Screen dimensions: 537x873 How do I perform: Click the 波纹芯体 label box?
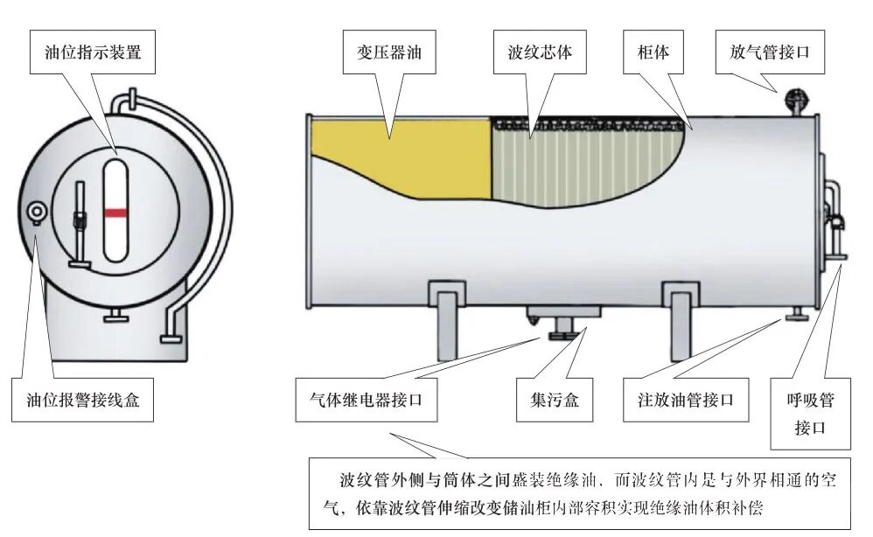pos(540,52)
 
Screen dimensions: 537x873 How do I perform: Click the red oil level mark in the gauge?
pos(115,212)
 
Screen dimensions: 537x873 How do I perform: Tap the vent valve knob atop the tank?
pos(795,99)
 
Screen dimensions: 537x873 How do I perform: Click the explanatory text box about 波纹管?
pos(584,493)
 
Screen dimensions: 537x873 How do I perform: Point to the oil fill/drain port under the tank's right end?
pos(796,315)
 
